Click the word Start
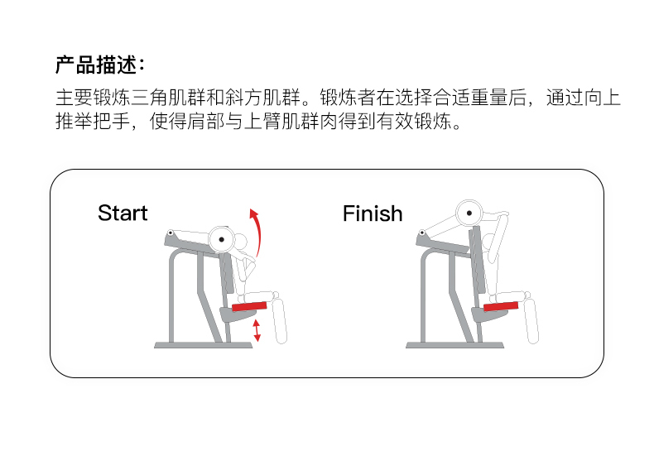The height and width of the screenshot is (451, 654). (123, 213)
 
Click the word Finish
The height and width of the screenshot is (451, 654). (373, 213)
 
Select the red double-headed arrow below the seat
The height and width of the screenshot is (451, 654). (257, 329)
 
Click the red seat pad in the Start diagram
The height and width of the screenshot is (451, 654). (251, 305)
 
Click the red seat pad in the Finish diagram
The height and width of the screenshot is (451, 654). (502, 305)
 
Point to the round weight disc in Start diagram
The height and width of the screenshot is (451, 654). (221, 239)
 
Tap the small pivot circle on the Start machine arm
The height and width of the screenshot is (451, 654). (171, 233)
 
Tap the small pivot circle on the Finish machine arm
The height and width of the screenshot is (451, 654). (421, 234)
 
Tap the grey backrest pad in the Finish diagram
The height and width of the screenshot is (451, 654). (477, 265)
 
